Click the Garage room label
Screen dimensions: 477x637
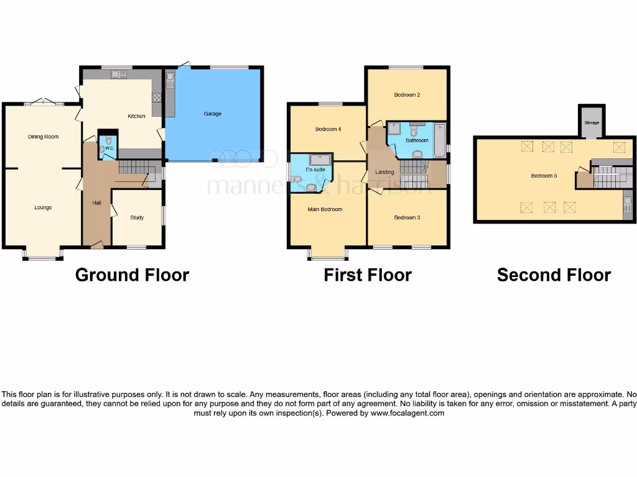[213, 114]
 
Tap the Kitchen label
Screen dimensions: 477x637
[137, 116]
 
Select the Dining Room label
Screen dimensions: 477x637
[44, 137]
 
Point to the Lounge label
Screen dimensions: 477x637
[43, 207]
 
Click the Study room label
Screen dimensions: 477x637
[137, 217]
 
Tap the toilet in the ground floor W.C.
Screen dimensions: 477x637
[108, 140]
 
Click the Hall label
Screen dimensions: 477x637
[96, 202]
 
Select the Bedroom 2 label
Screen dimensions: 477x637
[407, 95]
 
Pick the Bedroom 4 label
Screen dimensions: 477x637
[328, 129]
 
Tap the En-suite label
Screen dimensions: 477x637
[315, 169]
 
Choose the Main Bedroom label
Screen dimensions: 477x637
[325, 209]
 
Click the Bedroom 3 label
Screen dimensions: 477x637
[407, 217]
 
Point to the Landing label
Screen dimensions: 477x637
[384, 172]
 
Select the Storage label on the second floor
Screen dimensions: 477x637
[592, 123]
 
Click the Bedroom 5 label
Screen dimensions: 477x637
[544, 176]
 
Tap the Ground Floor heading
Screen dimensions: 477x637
[132, 275]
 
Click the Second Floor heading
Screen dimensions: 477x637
[554, 275]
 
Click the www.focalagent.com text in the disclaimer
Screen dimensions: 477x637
[407, 413]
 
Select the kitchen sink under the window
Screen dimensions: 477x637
[118, 75]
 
